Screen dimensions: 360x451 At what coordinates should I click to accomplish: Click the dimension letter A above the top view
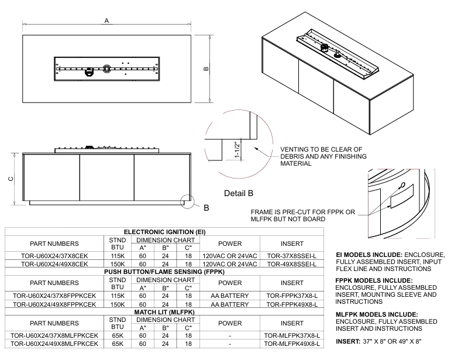coord(106,20)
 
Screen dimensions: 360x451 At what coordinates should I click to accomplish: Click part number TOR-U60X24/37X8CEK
coord(49,256)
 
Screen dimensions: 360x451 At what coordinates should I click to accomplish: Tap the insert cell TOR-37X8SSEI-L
coord(291,256)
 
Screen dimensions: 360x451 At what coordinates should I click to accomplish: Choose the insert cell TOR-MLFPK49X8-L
coord(291,343)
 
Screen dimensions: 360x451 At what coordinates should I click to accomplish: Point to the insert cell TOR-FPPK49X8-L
coord(291,304)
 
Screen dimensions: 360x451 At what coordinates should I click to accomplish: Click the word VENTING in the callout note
coord(298,149)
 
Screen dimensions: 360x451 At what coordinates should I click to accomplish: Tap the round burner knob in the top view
coord(106,68)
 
